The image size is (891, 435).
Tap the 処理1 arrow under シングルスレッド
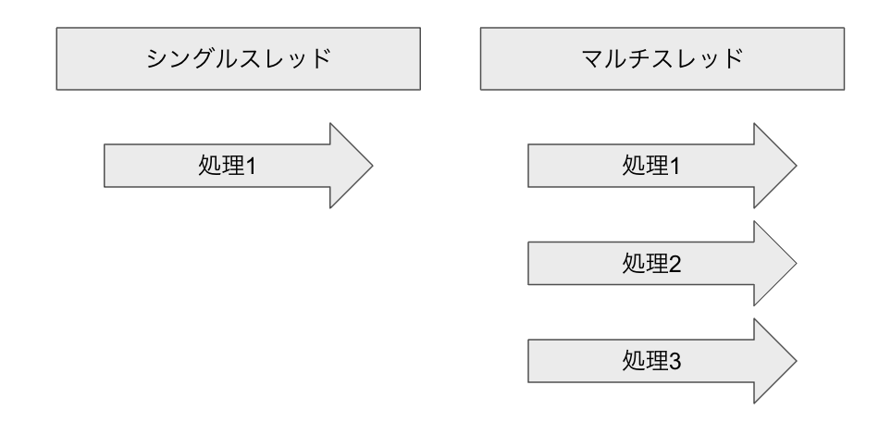coord(222,167)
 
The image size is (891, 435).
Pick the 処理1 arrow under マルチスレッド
coord(648,167)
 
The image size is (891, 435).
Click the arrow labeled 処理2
coord(648,266)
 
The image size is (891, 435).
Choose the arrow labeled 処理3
coord(648,360)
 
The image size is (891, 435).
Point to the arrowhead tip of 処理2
coord(793,266)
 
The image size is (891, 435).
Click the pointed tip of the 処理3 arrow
coord(793,360)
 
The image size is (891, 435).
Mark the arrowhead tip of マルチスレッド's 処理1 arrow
coord(793,167)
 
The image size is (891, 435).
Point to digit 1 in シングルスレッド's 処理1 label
coord(249,168)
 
